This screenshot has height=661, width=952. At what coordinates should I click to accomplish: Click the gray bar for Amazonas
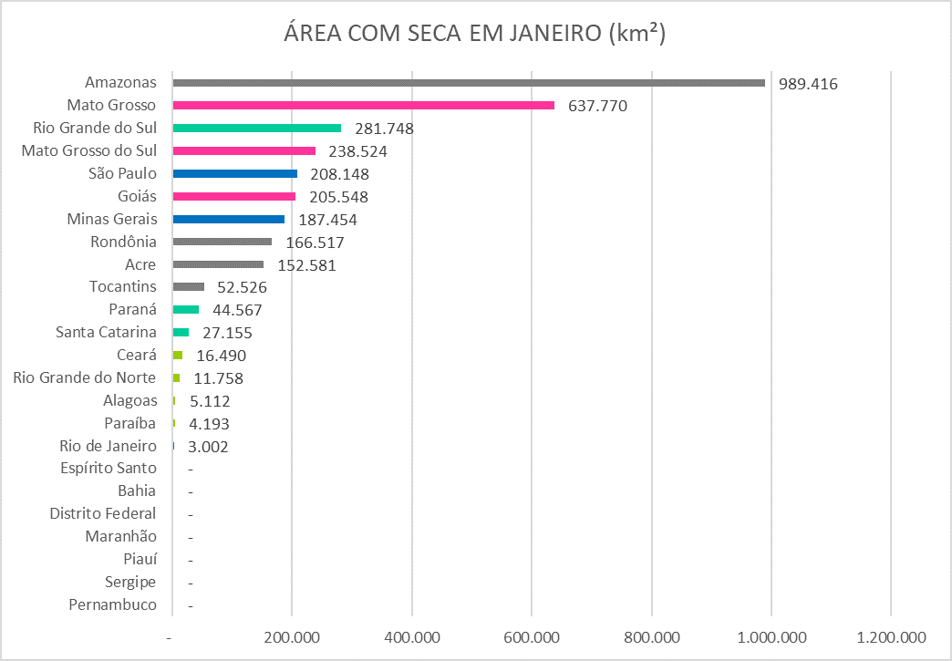coord(469,83)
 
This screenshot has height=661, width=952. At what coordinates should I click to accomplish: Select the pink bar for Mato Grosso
coord(363,106)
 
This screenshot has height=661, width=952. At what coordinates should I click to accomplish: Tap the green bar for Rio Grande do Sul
coord(256,129)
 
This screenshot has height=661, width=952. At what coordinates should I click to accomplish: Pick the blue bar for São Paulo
coord(234,173)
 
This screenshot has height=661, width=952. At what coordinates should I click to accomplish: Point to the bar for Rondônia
coord(222,242)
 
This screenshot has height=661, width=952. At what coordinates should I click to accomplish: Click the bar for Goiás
coord(233,196)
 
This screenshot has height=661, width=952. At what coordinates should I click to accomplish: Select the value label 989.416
coord(808,84)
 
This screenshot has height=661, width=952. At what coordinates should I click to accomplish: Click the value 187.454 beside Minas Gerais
coord(328,220)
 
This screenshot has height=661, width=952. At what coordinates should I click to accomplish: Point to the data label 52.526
coord(242,287)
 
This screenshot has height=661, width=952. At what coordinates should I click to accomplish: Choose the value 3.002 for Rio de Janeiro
coord(207,447)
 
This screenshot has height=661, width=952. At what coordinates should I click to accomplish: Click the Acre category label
coord(140,264)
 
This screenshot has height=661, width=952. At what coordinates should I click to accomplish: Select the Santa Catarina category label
coord(106,333)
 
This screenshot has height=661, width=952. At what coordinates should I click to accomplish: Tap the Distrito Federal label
coord(103,514)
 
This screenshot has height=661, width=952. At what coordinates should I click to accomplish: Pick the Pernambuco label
coord(112,605)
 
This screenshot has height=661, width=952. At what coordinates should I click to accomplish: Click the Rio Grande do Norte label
coord(86,378)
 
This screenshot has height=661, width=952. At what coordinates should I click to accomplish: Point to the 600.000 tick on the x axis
coord(532,636)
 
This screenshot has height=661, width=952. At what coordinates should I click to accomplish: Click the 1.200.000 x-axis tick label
coord(891,636)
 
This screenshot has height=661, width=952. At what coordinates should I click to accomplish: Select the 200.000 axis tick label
coord(292,636)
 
